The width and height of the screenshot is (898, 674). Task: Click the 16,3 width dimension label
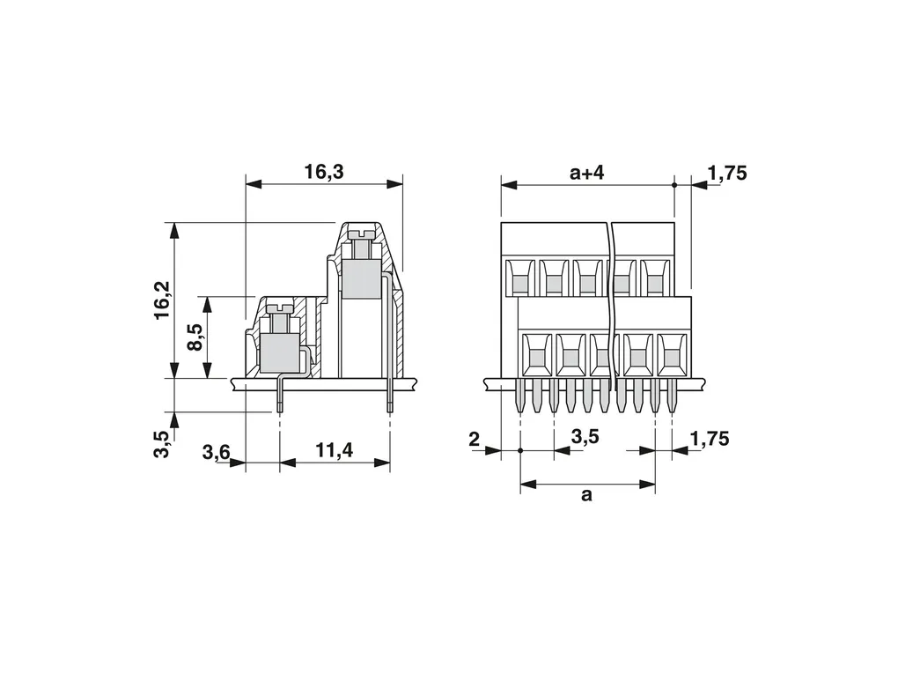pyautogui.click(x=324, y=172)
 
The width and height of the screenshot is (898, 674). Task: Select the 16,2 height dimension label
pyautogui.click(x=162, y=300)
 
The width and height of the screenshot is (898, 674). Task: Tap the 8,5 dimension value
pyautogui.click(x=195, y=337)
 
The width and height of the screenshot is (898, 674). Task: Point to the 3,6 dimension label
pyautogui.click(x=216, y=452)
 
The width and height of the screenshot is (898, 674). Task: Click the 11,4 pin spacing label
pyautogui.click(x=334, y=451)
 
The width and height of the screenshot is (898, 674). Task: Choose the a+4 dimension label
pyautogui.click(x=587, y=172)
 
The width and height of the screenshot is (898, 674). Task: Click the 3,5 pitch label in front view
pyautogui.click(x=585, y=437)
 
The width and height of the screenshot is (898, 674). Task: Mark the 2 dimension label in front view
pyautogui.click(x=474, y=440)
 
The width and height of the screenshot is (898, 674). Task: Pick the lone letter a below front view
pyautogui.click(x=585, y=494)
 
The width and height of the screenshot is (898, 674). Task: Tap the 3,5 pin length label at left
pyautogui.click(x=162, y=443)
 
